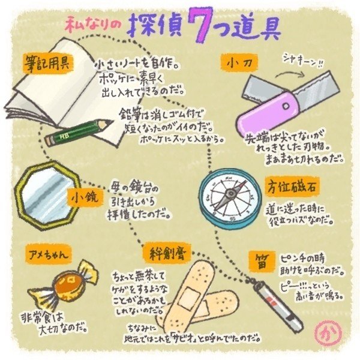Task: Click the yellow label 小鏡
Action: click(x=83, y=196)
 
